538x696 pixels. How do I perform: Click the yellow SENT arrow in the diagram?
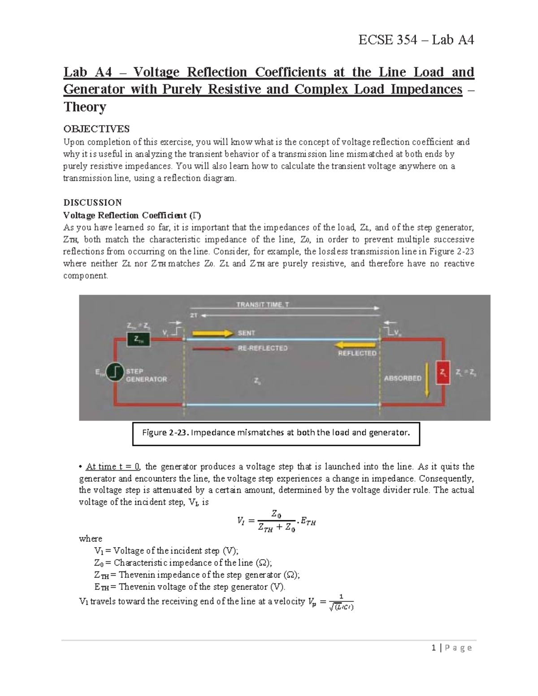click(213, 333)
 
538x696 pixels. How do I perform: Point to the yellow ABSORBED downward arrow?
click(427, 380)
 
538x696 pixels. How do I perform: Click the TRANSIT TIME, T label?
click(263, 305)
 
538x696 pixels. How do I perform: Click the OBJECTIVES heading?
click(96, 129)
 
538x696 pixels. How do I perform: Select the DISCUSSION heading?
click(92, 202)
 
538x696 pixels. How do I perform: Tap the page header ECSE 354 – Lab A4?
click(416, 40)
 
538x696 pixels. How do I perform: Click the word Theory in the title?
click(85, 107)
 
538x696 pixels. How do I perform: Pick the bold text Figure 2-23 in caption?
click(165, 433)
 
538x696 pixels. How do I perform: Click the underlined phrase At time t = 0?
click(113, 467)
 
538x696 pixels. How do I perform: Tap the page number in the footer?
click(434, 648)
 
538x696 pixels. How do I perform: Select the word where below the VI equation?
click(90, 539)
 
